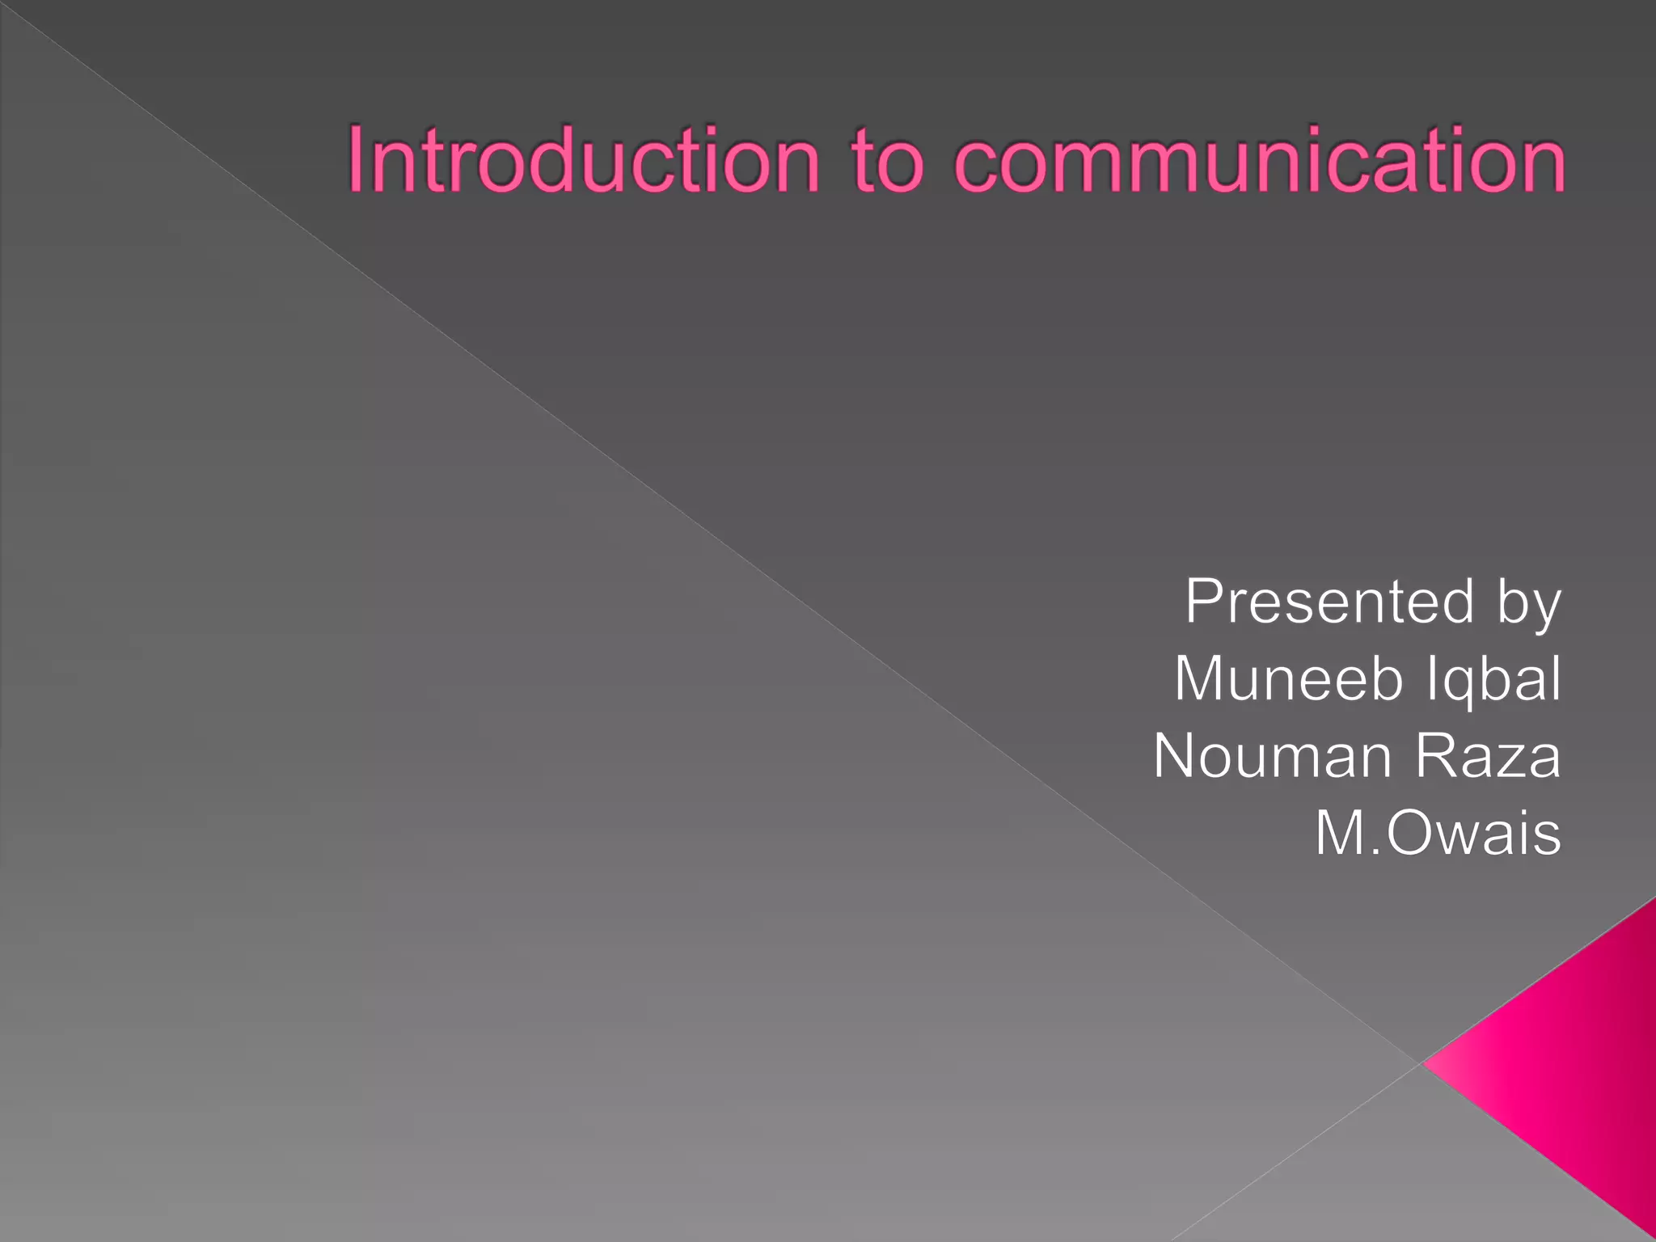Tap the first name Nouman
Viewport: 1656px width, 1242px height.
(x=1273, y=755)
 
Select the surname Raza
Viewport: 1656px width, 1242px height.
(x=1487, y=755)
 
